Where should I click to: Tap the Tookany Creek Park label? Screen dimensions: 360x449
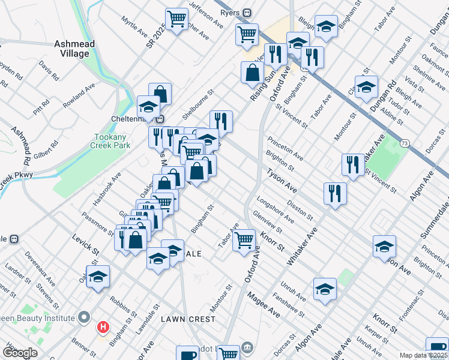coord(110,141)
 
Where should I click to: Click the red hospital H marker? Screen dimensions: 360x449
coord(104,328)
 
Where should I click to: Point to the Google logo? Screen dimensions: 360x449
coord(20,353)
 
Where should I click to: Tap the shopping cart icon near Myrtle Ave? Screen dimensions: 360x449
coord(176,19)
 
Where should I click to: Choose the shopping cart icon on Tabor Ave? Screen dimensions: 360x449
coord(244,240)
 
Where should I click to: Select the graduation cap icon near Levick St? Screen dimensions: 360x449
coord(98,277)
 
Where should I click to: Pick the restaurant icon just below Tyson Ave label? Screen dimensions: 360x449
coord(334,193)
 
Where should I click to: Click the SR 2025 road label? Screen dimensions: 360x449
coord(155,38)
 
